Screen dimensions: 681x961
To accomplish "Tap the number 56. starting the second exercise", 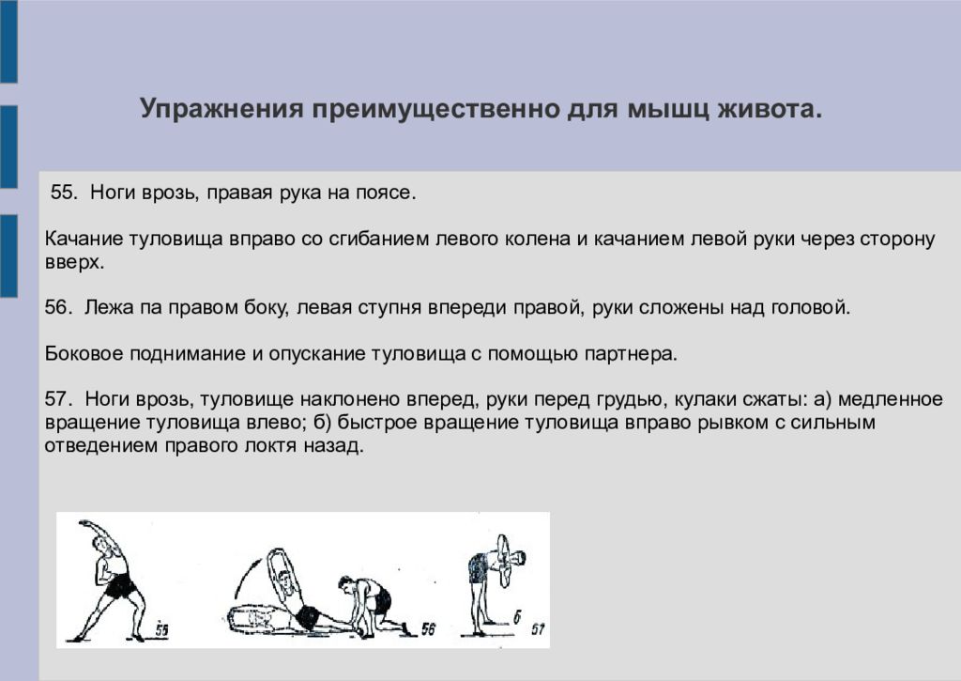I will (x=58, y=307).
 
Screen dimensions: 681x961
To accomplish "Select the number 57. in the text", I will (x=58, y=398).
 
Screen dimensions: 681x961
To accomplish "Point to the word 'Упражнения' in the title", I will (x=219, y=109).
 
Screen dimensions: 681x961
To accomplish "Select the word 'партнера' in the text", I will (x=637, y=353).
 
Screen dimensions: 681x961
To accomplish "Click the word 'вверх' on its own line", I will (x=72, y=262).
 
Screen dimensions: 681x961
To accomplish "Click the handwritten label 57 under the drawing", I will (x=537, y=627).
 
